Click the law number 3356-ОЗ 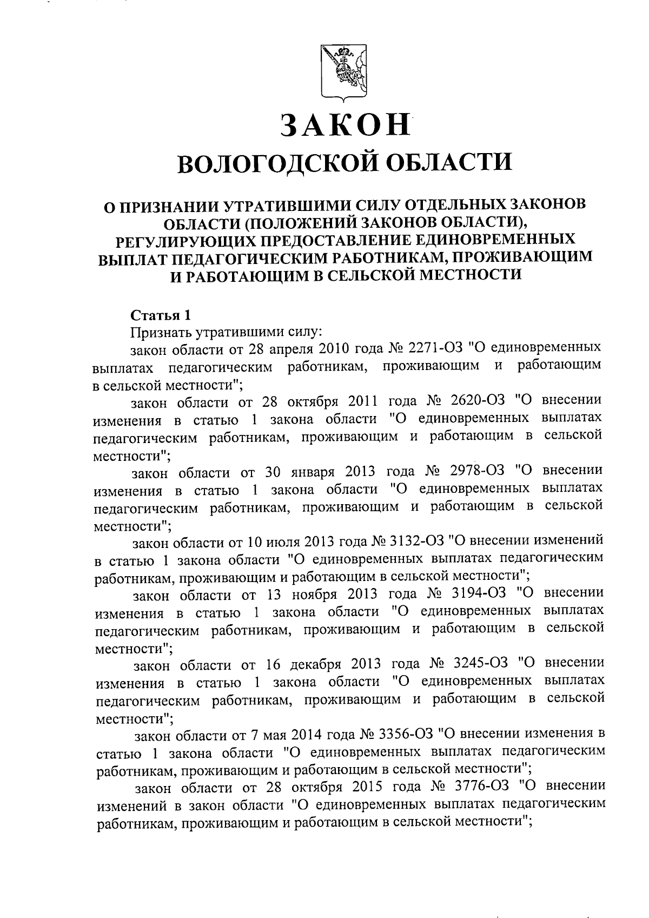pos(406,734)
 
